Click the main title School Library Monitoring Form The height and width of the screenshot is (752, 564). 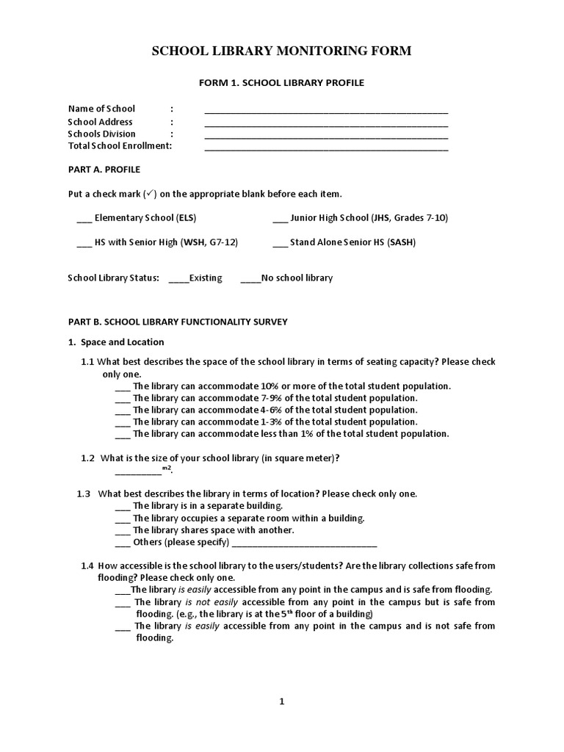pyautogui.click(x=281, y=51)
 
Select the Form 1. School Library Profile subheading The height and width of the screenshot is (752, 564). pyautogui.click(x=281, y=83)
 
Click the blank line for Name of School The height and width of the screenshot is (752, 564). pyautogui.click(x=325, y=112)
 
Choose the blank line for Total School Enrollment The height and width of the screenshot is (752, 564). pyautogui.click(x=325, y=148)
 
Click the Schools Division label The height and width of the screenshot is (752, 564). pyautogui.click(x=101, y=134)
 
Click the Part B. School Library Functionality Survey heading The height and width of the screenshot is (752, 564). pyautogui.click(x=178, y=322)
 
